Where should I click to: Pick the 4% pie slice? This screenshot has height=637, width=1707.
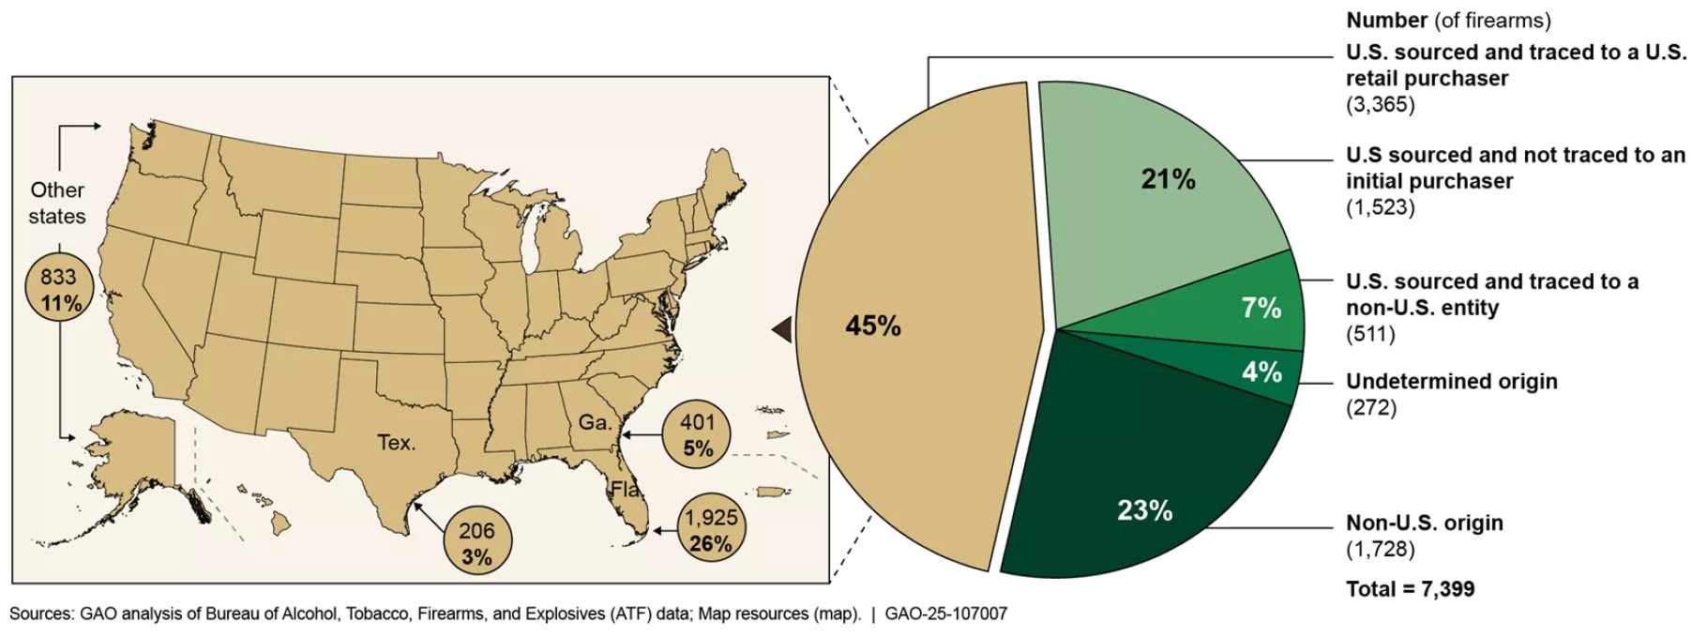(1257, 372)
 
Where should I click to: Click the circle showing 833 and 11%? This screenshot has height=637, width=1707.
(60, 290)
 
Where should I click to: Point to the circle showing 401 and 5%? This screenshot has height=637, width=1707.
(697, 435)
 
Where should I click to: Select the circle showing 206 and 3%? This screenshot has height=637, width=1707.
(476, 543)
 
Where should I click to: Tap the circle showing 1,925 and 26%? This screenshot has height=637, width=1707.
(710, 530)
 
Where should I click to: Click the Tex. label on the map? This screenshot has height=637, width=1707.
(396, 443)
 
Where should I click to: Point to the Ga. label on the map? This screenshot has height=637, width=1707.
(594, 422)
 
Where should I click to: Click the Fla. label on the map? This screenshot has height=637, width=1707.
(626, 489)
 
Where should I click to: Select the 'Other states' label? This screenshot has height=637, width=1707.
(57, 203)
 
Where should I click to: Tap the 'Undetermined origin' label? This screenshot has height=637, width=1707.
(1451, 381)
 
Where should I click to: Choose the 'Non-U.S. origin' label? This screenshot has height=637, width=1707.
(1424, 523)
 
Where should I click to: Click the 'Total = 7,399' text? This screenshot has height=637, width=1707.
(1410, 589)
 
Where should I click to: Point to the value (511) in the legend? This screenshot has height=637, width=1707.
(1370, 334)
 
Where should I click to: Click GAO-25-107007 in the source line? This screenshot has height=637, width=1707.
(945, 614)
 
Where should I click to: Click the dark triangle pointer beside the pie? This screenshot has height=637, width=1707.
(781, 329)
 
